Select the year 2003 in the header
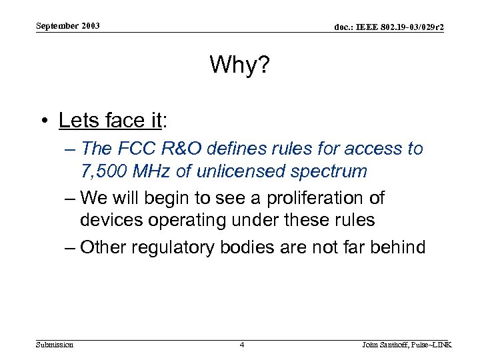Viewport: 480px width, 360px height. pos(91,26)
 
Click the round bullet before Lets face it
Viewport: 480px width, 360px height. pos(44,121)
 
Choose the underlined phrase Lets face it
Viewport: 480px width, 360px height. pos(111,120)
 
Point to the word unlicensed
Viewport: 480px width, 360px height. pos(252,171)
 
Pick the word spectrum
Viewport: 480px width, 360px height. pos(335,171)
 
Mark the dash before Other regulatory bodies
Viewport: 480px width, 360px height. pos(70,247)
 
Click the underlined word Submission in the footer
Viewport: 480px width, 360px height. pos(55,345)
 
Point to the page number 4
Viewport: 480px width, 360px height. pos(241,345)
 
